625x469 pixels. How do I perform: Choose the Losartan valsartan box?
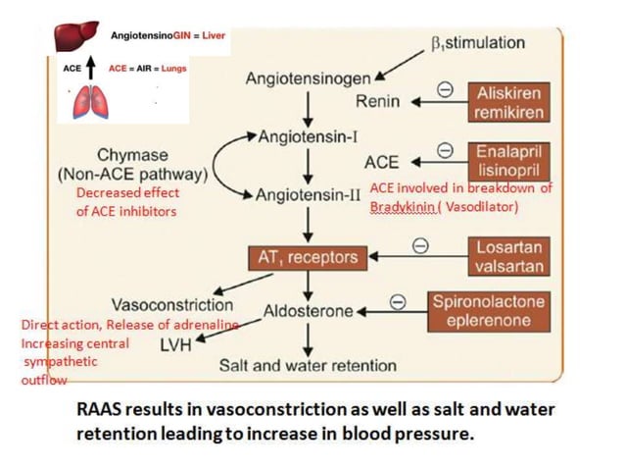(x=508, y=256)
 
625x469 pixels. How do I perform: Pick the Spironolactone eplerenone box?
(x=489, y=311)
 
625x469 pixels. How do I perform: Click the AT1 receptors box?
(x=310, y=258)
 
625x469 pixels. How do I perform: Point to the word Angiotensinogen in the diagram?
(x=308, y=77)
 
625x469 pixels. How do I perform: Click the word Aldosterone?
(x=308, y=311)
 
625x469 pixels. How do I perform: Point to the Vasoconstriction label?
(x=171, y=303)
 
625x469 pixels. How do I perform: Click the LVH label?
(x=178, y=344)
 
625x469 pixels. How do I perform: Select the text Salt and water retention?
(x=308, y=366)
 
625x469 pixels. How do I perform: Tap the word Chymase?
(x=132, y=156)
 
